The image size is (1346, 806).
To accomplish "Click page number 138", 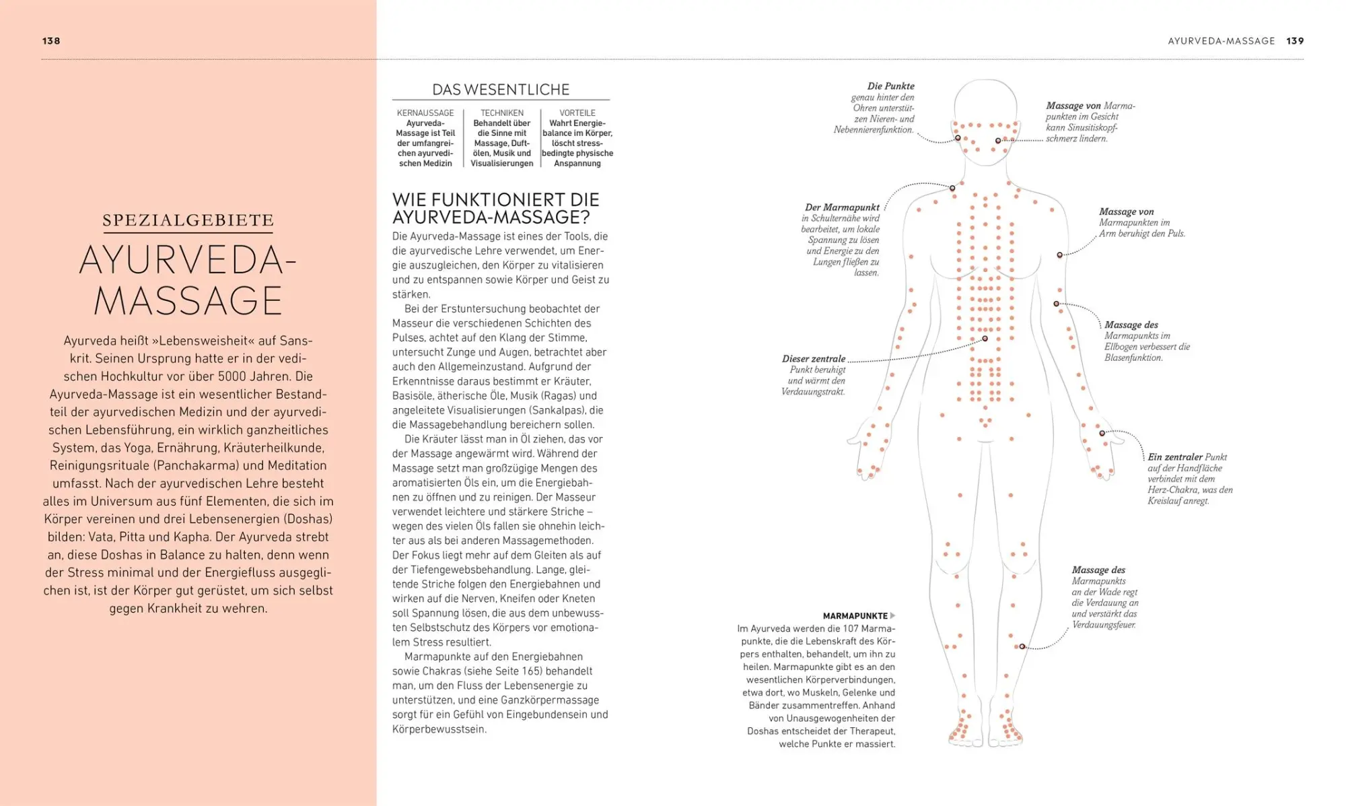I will coord(51,41).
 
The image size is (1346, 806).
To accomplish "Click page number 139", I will coord(1295,41).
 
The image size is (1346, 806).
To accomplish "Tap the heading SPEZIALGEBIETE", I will coord(188,220).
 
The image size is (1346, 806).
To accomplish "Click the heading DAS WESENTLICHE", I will coord(501,90).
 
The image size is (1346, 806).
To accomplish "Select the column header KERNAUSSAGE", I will coord(425,113).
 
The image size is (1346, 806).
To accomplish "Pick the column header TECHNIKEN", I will coord(502,113).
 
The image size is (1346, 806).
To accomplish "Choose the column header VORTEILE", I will coord(577,113).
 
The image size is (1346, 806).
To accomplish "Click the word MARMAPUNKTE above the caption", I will coord(855,616).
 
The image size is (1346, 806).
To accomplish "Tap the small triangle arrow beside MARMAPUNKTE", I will coord(893,615).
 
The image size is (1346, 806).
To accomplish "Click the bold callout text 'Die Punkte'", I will coord(890,86).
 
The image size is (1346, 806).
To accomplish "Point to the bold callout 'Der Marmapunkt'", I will coord(842,207).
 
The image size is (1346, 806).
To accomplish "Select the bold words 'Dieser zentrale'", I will coord(814,359).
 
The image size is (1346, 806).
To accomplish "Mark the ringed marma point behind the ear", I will coord(958,138).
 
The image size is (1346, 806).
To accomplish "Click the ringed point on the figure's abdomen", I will coord(985,339).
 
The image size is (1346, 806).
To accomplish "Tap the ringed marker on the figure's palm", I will coord(1102,433).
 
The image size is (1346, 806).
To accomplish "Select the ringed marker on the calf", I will coord(1022,646).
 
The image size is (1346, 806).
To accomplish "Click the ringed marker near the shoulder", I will coord(952,188).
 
